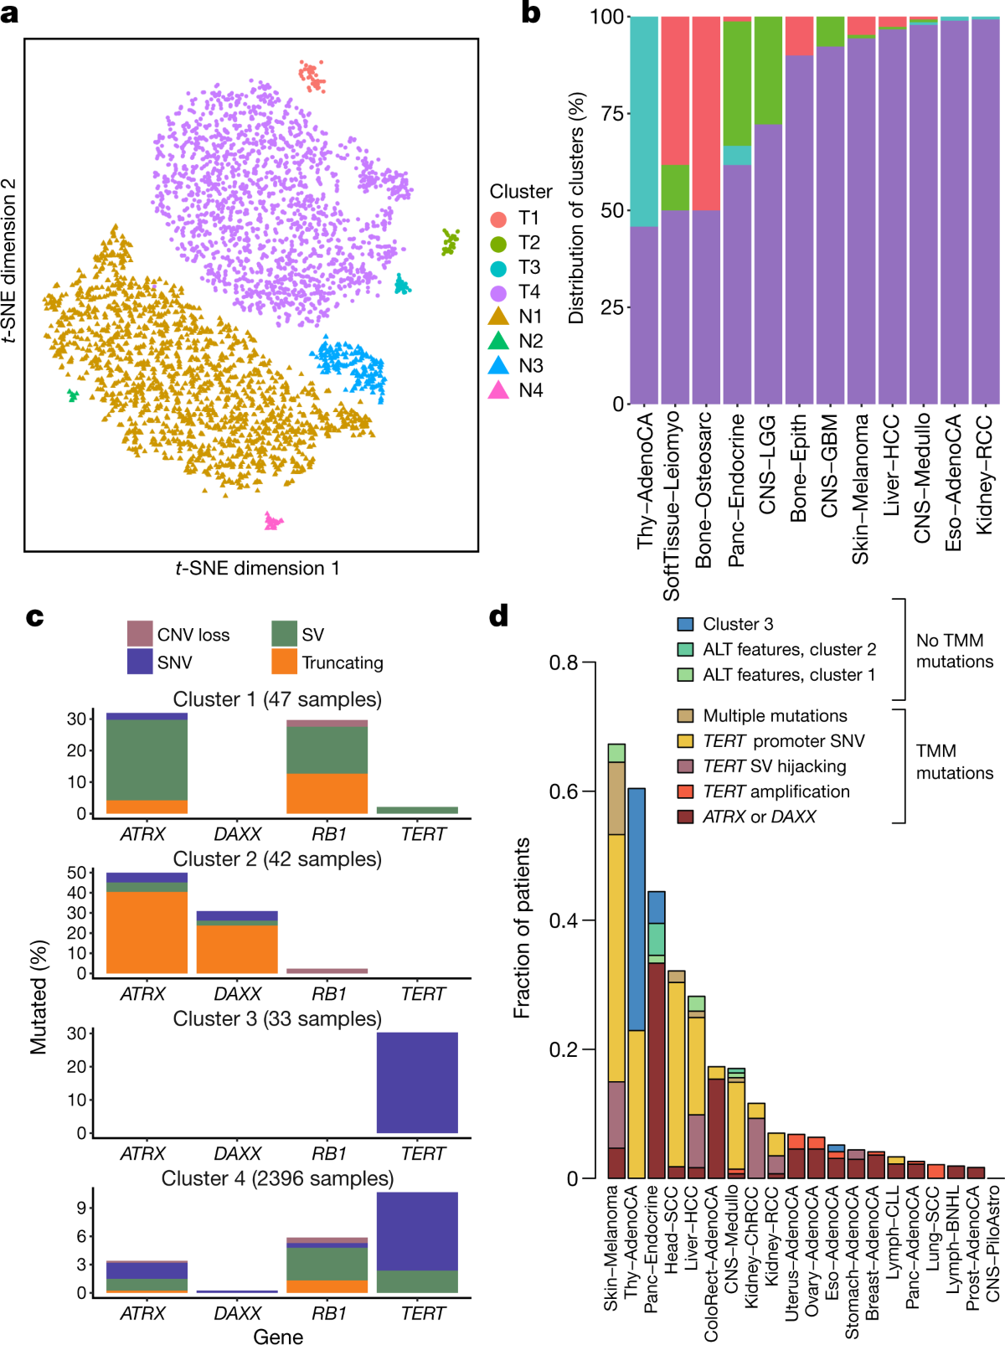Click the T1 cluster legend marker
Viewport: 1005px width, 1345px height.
[x=498, y=219]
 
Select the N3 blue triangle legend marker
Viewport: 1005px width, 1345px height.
[x=498, y=366]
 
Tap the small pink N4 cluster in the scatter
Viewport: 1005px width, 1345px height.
[x=272, y=522]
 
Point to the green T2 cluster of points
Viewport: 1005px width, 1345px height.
[x=451, y=241]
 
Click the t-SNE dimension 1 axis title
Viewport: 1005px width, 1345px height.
[x=257, y=569]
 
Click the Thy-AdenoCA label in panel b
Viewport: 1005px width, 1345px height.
[x=645, y=481]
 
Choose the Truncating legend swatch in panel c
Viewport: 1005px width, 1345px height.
[x=284, y=662]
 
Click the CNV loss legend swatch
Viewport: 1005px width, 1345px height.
[x=139, y=634]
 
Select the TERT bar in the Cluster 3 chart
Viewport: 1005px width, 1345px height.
[x=417, y=1082]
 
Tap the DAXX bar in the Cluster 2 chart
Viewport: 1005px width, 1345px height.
[x=237, y=942]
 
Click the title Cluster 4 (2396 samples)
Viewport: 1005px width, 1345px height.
[x=277, y=1178]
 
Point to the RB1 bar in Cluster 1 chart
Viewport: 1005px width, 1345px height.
[x=327, y=766]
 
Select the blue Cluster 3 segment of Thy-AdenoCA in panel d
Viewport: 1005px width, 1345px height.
[x=636, y=909]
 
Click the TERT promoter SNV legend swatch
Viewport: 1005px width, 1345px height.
[x=685, y=741]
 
